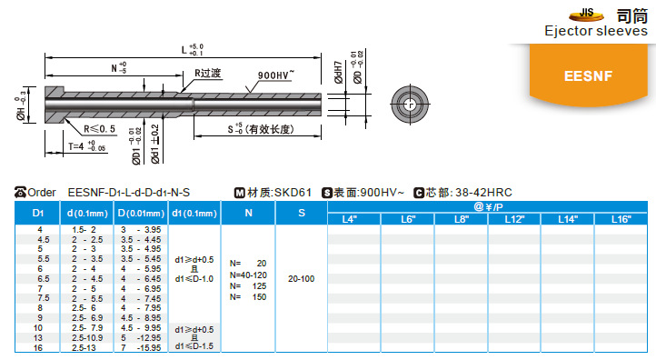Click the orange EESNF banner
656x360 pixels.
591,75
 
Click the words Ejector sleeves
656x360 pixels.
595,32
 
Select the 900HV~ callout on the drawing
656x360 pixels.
280,75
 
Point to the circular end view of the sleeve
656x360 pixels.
410,104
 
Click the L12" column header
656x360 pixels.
514,220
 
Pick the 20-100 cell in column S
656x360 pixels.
301,278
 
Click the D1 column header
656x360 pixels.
37,213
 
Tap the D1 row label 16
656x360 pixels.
37,348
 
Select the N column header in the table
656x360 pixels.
248,213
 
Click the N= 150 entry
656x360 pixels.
248,297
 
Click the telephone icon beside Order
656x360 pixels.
22,192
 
